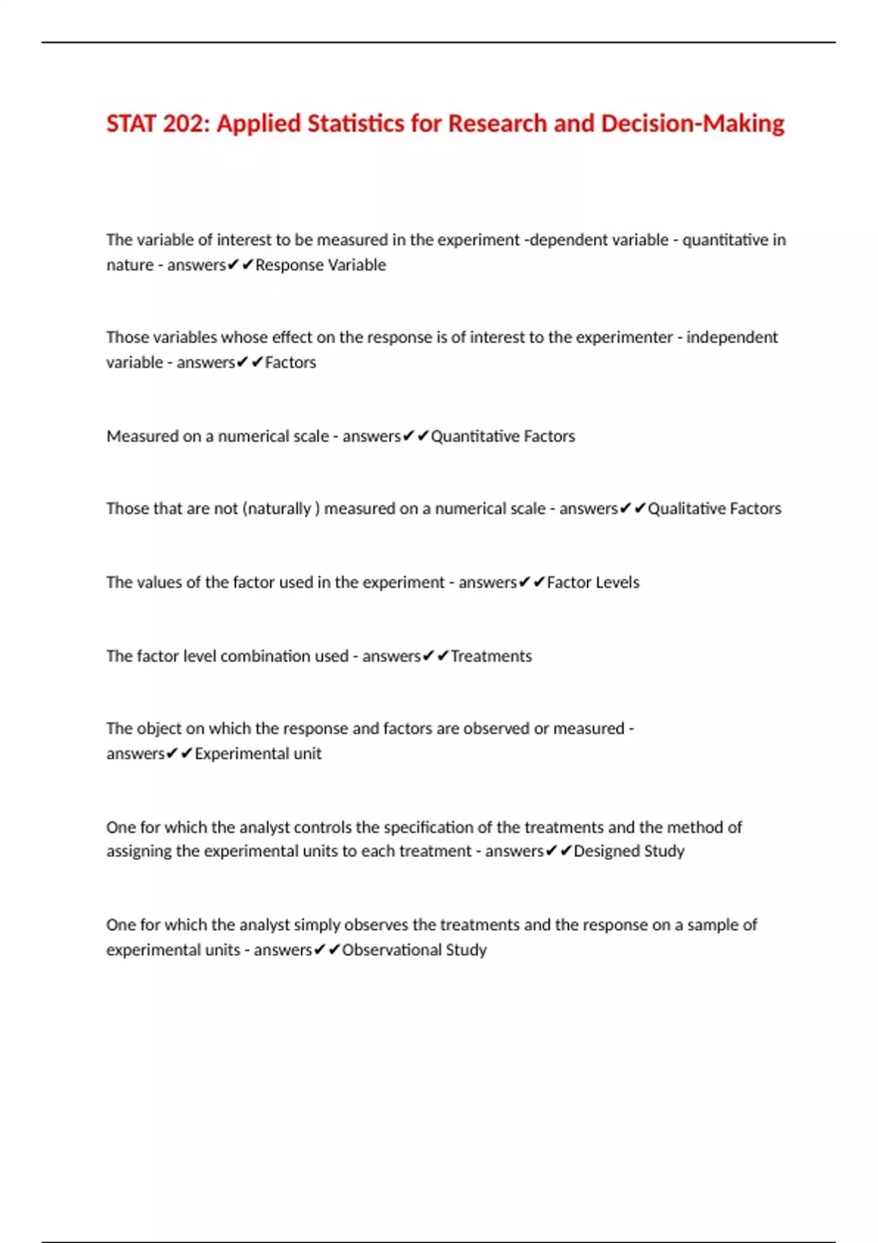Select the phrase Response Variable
pos(320,265)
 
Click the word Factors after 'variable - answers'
pos(290,362)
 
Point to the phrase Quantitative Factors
pos(503,436)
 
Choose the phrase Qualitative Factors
pos(714,508)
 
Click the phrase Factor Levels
pos(593,582)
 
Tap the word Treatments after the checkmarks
pos(491,656)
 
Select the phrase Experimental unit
pos(258,753)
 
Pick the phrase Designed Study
pos(629,850)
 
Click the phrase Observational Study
pos(414,949)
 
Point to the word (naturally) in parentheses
pos(281,508)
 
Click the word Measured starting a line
pos(142,436)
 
